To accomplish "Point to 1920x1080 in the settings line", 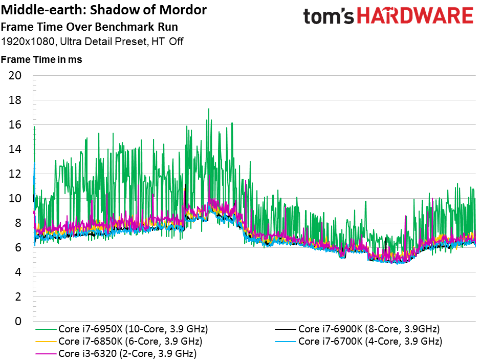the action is coord(28,41).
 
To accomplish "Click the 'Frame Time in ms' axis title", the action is coord(41,59).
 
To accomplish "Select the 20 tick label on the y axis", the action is coord(15,75).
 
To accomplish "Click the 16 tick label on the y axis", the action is coord(15,125).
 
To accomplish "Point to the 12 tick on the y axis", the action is coord(15,174).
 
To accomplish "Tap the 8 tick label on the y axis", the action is coord(18,223).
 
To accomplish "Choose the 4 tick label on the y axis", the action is coord(18,272).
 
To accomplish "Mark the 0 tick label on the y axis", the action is coord(18,321).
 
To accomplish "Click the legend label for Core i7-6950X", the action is coord(133,329).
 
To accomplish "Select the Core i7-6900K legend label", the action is coord(369,329).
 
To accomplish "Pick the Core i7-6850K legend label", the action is coord(130,342).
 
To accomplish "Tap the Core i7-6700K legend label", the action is coord(370,342).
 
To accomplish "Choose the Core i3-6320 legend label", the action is coord(127,353).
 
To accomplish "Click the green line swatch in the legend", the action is coord(46,329).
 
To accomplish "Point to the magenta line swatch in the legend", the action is coord(46,354).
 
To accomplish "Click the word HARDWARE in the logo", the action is coord(415,16).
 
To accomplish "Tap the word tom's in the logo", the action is coord(329,16).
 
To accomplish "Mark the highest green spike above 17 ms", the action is coord(209,109).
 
